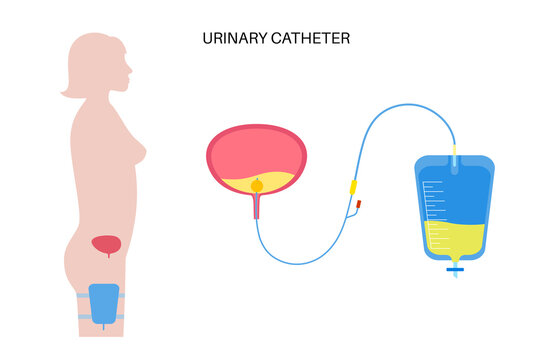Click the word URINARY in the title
tap(229, 37)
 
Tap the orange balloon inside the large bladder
tap(257, 184)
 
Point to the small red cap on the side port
tap(357, 207)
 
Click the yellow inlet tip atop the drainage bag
tap(454, 151)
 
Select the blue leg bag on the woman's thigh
tap(103, 302)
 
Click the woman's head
tap(97, 63)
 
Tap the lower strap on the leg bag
tap(103, 317)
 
